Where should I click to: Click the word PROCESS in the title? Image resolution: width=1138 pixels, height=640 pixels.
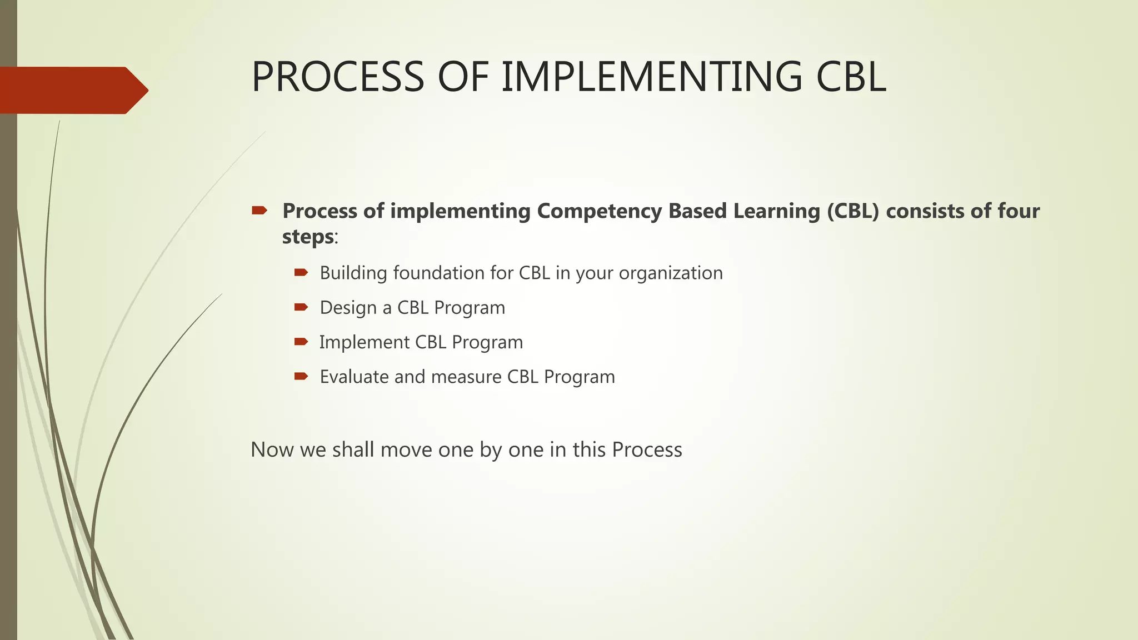coord(338,77)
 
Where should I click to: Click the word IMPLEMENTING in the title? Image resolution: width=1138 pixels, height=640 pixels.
coord(651,77)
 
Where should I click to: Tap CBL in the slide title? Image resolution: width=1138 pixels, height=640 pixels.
coord(850,77)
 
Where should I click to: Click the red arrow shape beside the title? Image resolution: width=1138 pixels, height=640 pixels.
coord(72,90)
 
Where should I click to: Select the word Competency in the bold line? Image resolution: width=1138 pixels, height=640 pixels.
coord(599,211)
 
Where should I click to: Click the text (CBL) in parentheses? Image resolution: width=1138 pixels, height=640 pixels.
coord(853,211)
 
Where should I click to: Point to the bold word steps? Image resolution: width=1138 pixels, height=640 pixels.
coord(308,237)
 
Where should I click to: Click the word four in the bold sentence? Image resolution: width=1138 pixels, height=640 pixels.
coord(1018,211)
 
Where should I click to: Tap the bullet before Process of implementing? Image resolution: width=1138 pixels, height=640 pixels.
coord(259,211)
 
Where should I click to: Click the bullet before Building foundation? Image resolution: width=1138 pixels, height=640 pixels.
coord(301,272)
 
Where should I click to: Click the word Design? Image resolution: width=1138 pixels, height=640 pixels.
coord(348,308)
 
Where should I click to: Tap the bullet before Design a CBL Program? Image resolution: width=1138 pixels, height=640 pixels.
coord(301,307)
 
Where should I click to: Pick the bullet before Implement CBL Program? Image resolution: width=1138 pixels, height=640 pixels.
coord(301,342)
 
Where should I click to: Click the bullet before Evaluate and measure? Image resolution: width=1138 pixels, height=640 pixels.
coord(301,376)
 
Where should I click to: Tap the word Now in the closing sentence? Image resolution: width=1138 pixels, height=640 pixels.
coord(272,449)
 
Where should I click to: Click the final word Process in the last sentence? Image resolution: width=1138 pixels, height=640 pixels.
coord(647,449)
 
